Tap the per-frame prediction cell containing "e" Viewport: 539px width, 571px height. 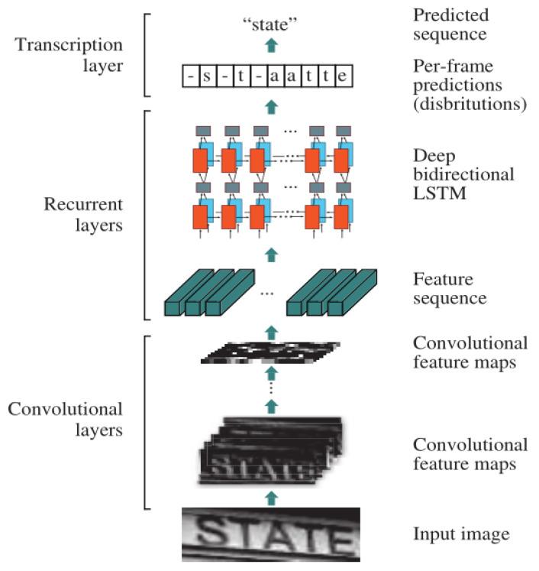(345, 76)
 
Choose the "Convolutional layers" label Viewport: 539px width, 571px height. (65, 420)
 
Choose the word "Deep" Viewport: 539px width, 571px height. (430, 154)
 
